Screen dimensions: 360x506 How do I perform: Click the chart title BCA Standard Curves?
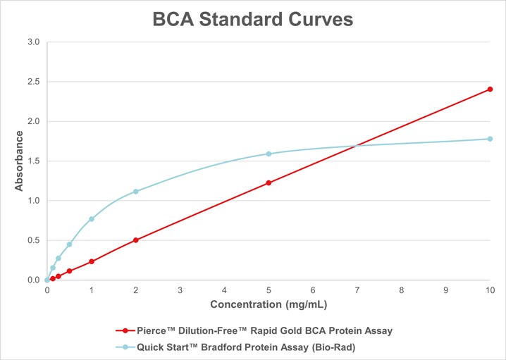[252, 20]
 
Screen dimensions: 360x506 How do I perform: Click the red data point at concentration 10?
[490, 89]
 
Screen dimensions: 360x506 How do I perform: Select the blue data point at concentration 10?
[490, 139]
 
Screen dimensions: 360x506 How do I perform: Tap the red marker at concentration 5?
[269, 182]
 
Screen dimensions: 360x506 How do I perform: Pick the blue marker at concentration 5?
[269, 154]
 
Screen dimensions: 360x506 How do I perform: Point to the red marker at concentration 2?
[135, 240]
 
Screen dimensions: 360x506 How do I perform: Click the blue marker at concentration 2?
[135, 192]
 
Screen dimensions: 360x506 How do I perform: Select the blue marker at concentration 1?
[92, 219]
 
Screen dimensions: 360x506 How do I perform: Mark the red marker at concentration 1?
[92, 261]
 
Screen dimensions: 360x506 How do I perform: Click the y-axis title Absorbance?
[20, 161]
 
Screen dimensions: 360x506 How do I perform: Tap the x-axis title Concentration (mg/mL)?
[269, 305]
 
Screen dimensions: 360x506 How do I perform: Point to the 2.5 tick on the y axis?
[33, 82]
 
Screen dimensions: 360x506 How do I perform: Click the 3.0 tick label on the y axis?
[33, 42]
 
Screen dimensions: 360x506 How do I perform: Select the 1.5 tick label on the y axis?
[33, 161]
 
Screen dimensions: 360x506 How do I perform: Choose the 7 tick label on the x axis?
[357, 290]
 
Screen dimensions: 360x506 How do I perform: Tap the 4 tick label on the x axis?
[224, 290]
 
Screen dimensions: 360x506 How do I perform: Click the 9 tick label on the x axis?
[446, 290]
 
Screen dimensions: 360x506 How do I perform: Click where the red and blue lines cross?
[357, 146]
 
